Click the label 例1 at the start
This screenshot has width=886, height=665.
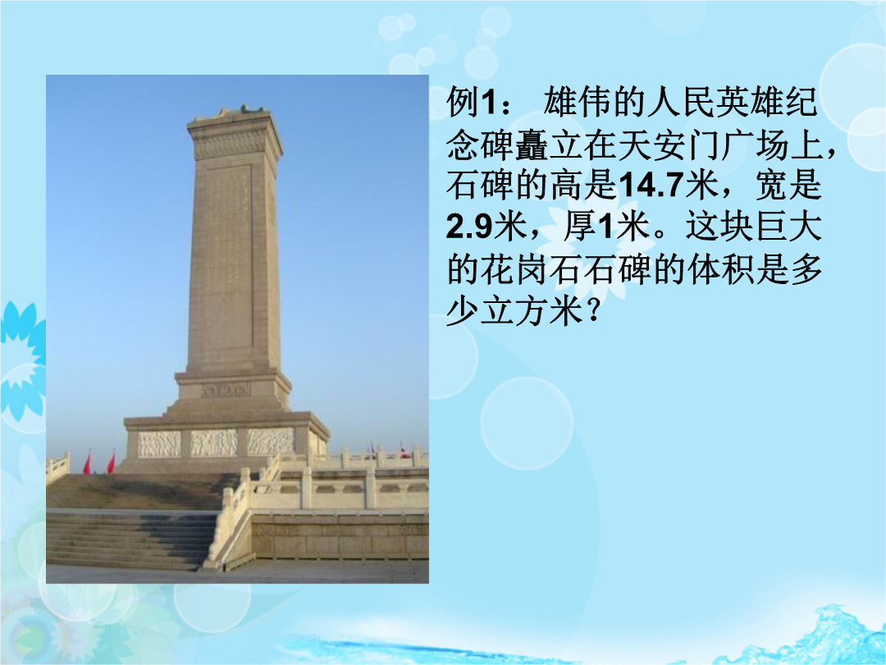pyautogui.click(x=471, y=103)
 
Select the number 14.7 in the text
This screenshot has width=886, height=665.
pyautogui.click(x=651, y=186)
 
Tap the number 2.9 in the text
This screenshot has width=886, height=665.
pyautogui.click(x=469, y=227)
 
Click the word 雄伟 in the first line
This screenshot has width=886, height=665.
pyautogui.click(x=577, y=103)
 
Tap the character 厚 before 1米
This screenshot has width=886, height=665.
pyautogui.click(x=580, y=227)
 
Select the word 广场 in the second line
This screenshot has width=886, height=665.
pyautogui.click(x=754, y=144)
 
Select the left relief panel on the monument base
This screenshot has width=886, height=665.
pyautogui.click(x=159, y=444)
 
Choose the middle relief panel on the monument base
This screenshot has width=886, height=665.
pyautogui.click(x=213, y=443)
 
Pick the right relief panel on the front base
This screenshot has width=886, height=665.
pyautogui.click(x=271, y=441)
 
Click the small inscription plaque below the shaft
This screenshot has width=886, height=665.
pyautogui.click(x=226, y=390)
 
